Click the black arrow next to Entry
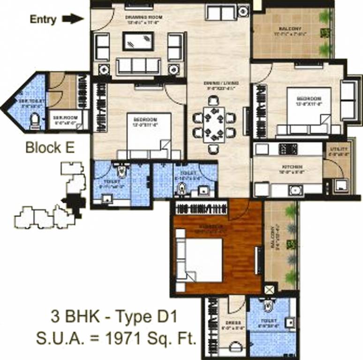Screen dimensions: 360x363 tap(73, 19)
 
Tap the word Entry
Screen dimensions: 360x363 tap(43, 19)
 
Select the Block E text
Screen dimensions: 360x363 tap(50, 148)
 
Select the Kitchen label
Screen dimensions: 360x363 tap(288, 167)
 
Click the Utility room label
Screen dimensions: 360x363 tap(337, 149)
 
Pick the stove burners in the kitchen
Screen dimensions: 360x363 tap(286, 149)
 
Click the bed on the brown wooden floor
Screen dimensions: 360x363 tap(200, 260)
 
